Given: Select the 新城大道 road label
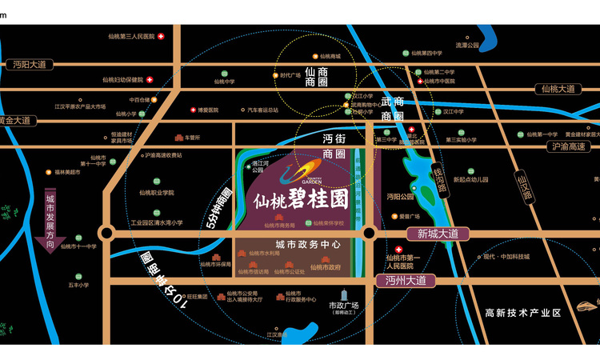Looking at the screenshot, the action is tap(438, 234).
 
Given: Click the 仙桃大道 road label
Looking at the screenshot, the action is tap(557, 89).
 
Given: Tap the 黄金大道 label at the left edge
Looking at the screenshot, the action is tap(16, 121).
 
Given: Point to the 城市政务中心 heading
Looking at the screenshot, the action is tap(308, 244).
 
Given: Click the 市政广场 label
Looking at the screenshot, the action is tap(343, 306).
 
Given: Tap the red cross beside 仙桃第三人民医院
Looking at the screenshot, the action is tap(161, 36).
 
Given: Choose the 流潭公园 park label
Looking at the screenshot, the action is tap(466, 46).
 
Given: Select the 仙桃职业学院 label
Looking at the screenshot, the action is tap(156, 192).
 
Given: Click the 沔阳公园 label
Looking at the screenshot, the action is tap(401, 196).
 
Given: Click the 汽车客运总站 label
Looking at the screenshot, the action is tap(262, 110).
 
